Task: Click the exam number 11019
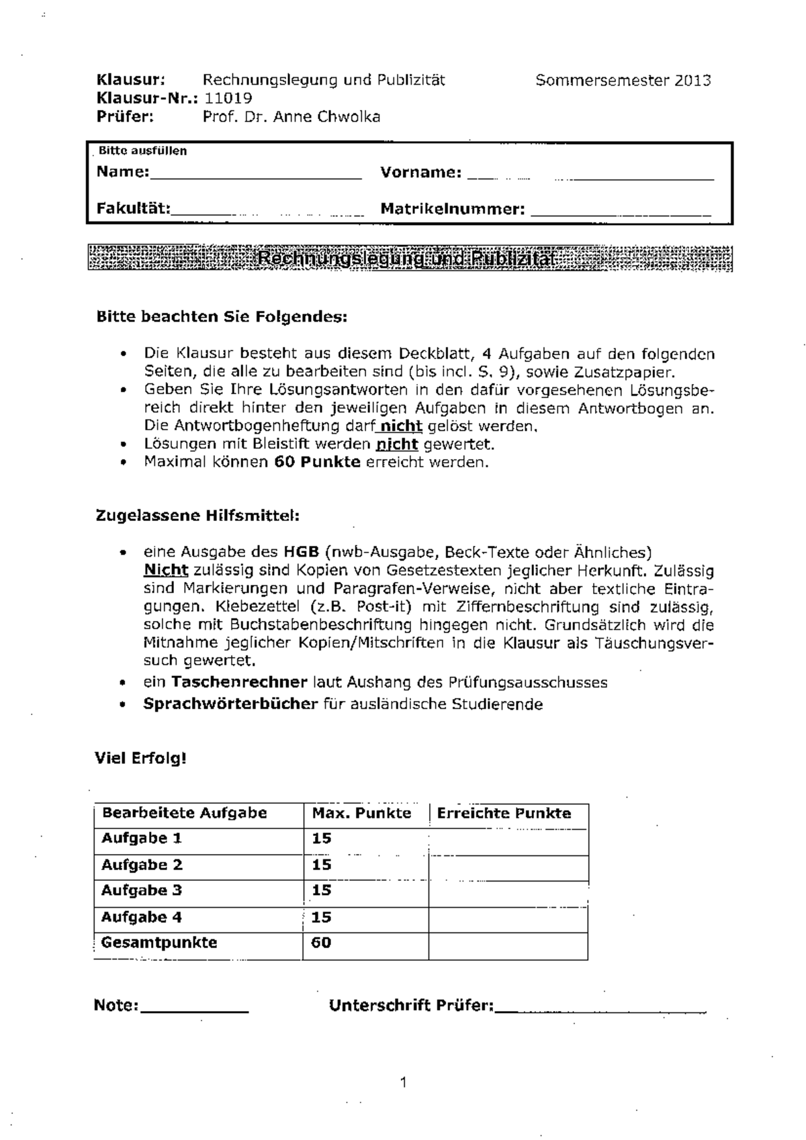tap(228, 99)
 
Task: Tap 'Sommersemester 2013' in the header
tap(623, 81)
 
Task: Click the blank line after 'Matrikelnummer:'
tap(621, 211)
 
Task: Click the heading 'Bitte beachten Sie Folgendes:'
tap(222, 316)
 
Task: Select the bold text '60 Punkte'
tap(317, 462)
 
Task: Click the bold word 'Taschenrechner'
tap(239, 682)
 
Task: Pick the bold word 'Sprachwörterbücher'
tap(230, 704)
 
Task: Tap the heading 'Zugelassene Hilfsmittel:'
tap(197, 516)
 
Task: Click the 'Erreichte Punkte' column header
tap(504, 814)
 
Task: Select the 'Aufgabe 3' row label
tap(142, 891)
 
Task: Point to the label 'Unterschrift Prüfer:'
tap(411, 1006)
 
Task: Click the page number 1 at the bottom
tap(403, 1082)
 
